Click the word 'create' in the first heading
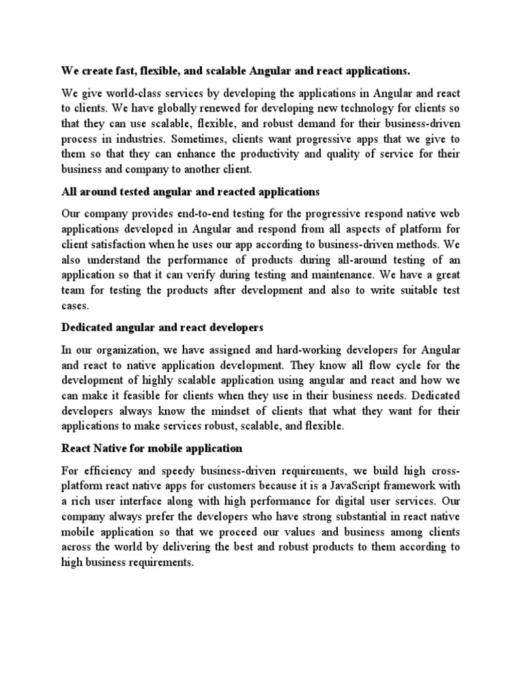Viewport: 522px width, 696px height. point(94,71)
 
